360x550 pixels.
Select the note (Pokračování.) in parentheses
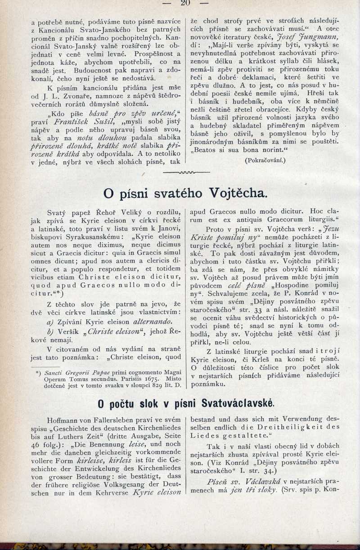coord(265,159)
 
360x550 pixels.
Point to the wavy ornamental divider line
coord(186,172)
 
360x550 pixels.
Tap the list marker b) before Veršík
coord(50,332)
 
